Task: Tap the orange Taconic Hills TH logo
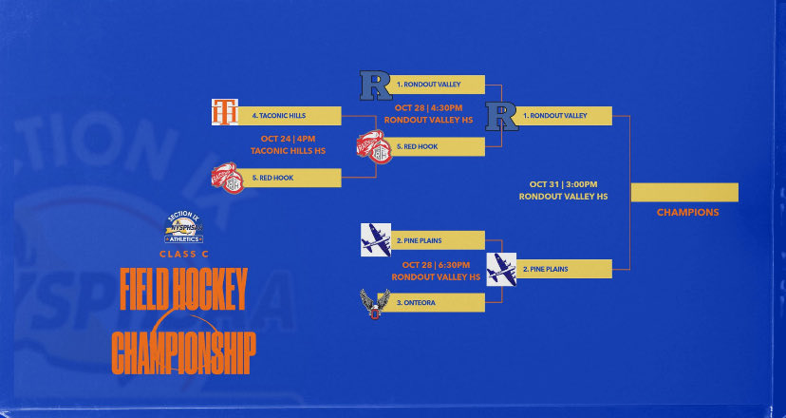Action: pyautogui.click(x=224, y=112)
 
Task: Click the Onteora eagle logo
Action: pyautogui.click(x=374, y=304)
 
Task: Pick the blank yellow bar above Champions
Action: pyautogui.click(x=684, y=192)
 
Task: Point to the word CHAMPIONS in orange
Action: pyautogui.click(x=687, y=213)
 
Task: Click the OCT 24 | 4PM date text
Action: pyautogui.click(x=289, y=138)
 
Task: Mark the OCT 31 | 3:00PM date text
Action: pyautogui.click(x=564, y=183)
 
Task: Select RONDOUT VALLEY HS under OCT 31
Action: pyautogui.click(x=564, y=197)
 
